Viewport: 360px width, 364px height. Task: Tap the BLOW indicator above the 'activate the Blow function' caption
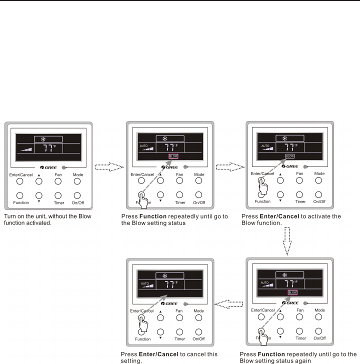tap(290, 156)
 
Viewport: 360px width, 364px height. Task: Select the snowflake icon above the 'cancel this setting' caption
tap(165, 275)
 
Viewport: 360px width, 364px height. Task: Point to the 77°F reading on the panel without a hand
tap(48, 148)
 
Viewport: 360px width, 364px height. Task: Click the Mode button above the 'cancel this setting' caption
tap(198, 317)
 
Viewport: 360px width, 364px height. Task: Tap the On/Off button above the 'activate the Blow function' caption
tap(319, 194)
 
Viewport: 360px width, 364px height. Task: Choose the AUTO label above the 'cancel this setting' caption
tap(145, 283)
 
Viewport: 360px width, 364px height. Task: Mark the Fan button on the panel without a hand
tap(58, 180)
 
